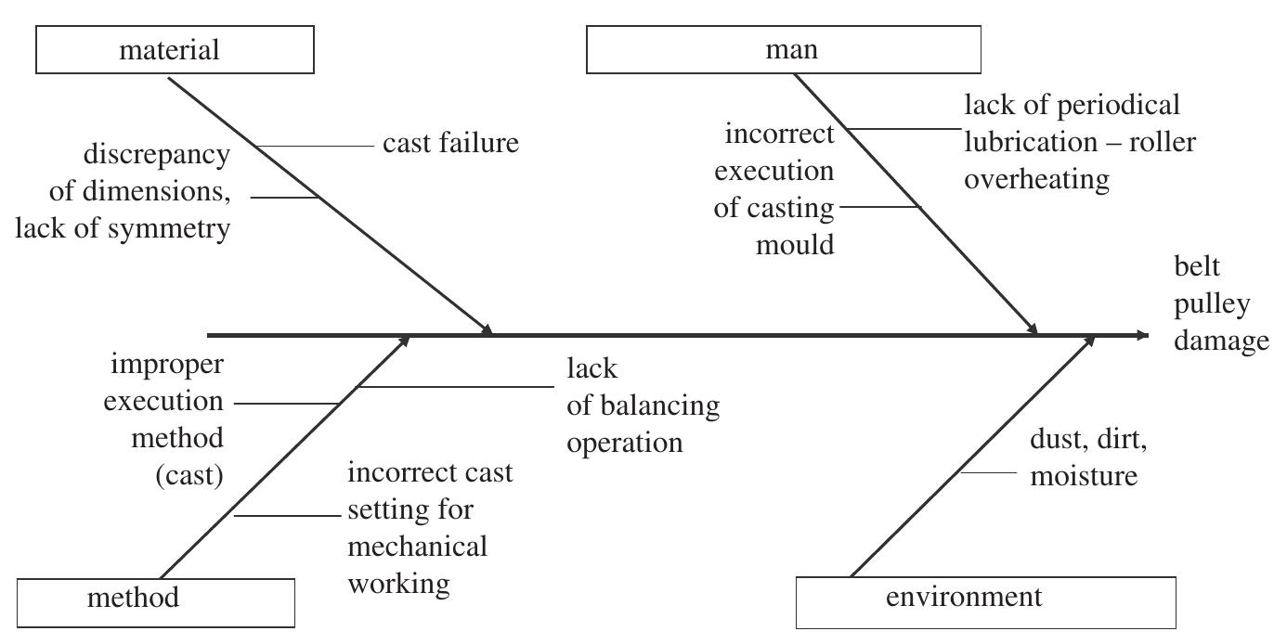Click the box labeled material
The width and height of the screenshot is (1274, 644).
tap(175, 50)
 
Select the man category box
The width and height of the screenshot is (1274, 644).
tap(784, 50)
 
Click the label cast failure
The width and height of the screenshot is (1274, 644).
tap(450, 145)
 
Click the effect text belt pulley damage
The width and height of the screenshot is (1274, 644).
tap(1218, 304)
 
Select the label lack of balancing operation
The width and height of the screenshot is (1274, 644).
tap(643, 406)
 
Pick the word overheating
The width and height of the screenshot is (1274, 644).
tap(1036, 179)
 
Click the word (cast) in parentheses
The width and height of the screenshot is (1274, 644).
tap(189, 477)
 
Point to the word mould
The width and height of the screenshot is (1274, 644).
tap(801, 246)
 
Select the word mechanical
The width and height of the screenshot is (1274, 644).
tap(416, 547)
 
